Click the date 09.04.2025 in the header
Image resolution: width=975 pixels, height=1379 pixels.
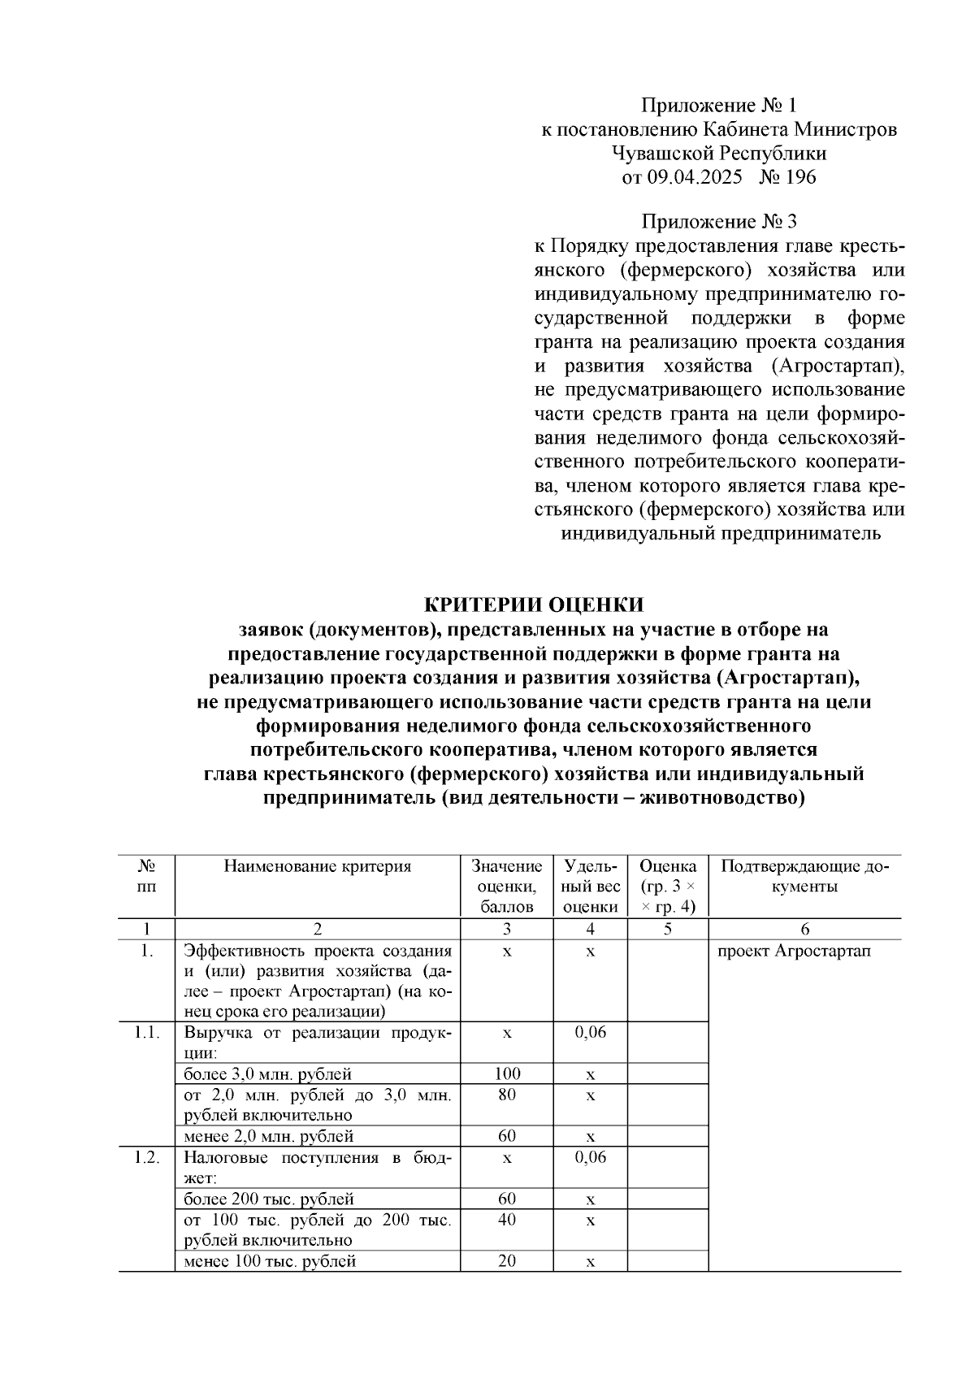click(695, 177)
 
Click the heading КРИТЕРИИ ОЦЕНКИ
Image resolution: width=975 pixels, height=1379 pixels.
click(534, 605)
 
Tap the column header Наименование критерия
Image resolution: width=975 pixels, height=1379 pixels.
click(317, 866)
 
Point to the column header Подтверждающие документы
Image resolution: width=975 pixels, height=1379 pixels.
click(804, 876)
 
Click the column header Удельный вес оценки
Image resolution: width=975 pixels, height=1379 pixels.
click(590, 887)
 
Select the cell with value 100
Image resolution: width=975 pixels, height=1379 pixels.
click(506, 1073)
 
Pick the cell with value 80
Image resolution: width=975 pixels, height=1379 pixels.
click(506, 1095)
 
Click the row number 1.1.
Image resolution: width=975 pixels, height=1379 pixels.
click(146, 1033)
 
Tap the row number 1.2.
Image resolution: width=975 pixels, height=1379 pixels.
click(146, 1157)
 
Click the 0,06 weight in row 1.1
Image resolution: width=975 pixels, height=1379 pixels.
click(590, 1033)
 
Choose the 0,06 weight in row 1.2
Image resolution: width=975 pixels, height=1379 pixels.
click(590, 1157)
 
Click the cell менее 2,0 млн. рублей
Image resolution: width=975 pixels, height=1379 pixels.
click(268, 1136)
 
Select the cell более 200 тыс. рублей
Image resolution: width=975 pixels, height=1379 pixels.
click(268, 1199)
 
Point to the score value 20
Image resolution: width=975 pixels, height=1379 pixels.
click(506, 1261)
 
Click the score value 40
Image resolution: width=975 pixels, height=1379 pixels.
click(506, 1220)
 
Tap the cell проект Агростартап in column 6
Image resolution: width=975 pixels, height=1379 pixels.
click(794, 951)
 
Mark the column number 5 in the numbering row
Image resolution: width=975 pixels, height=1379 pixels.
click(667, 929)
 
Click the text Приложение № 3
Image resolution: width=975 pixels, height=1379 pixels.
click(719, 222)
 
